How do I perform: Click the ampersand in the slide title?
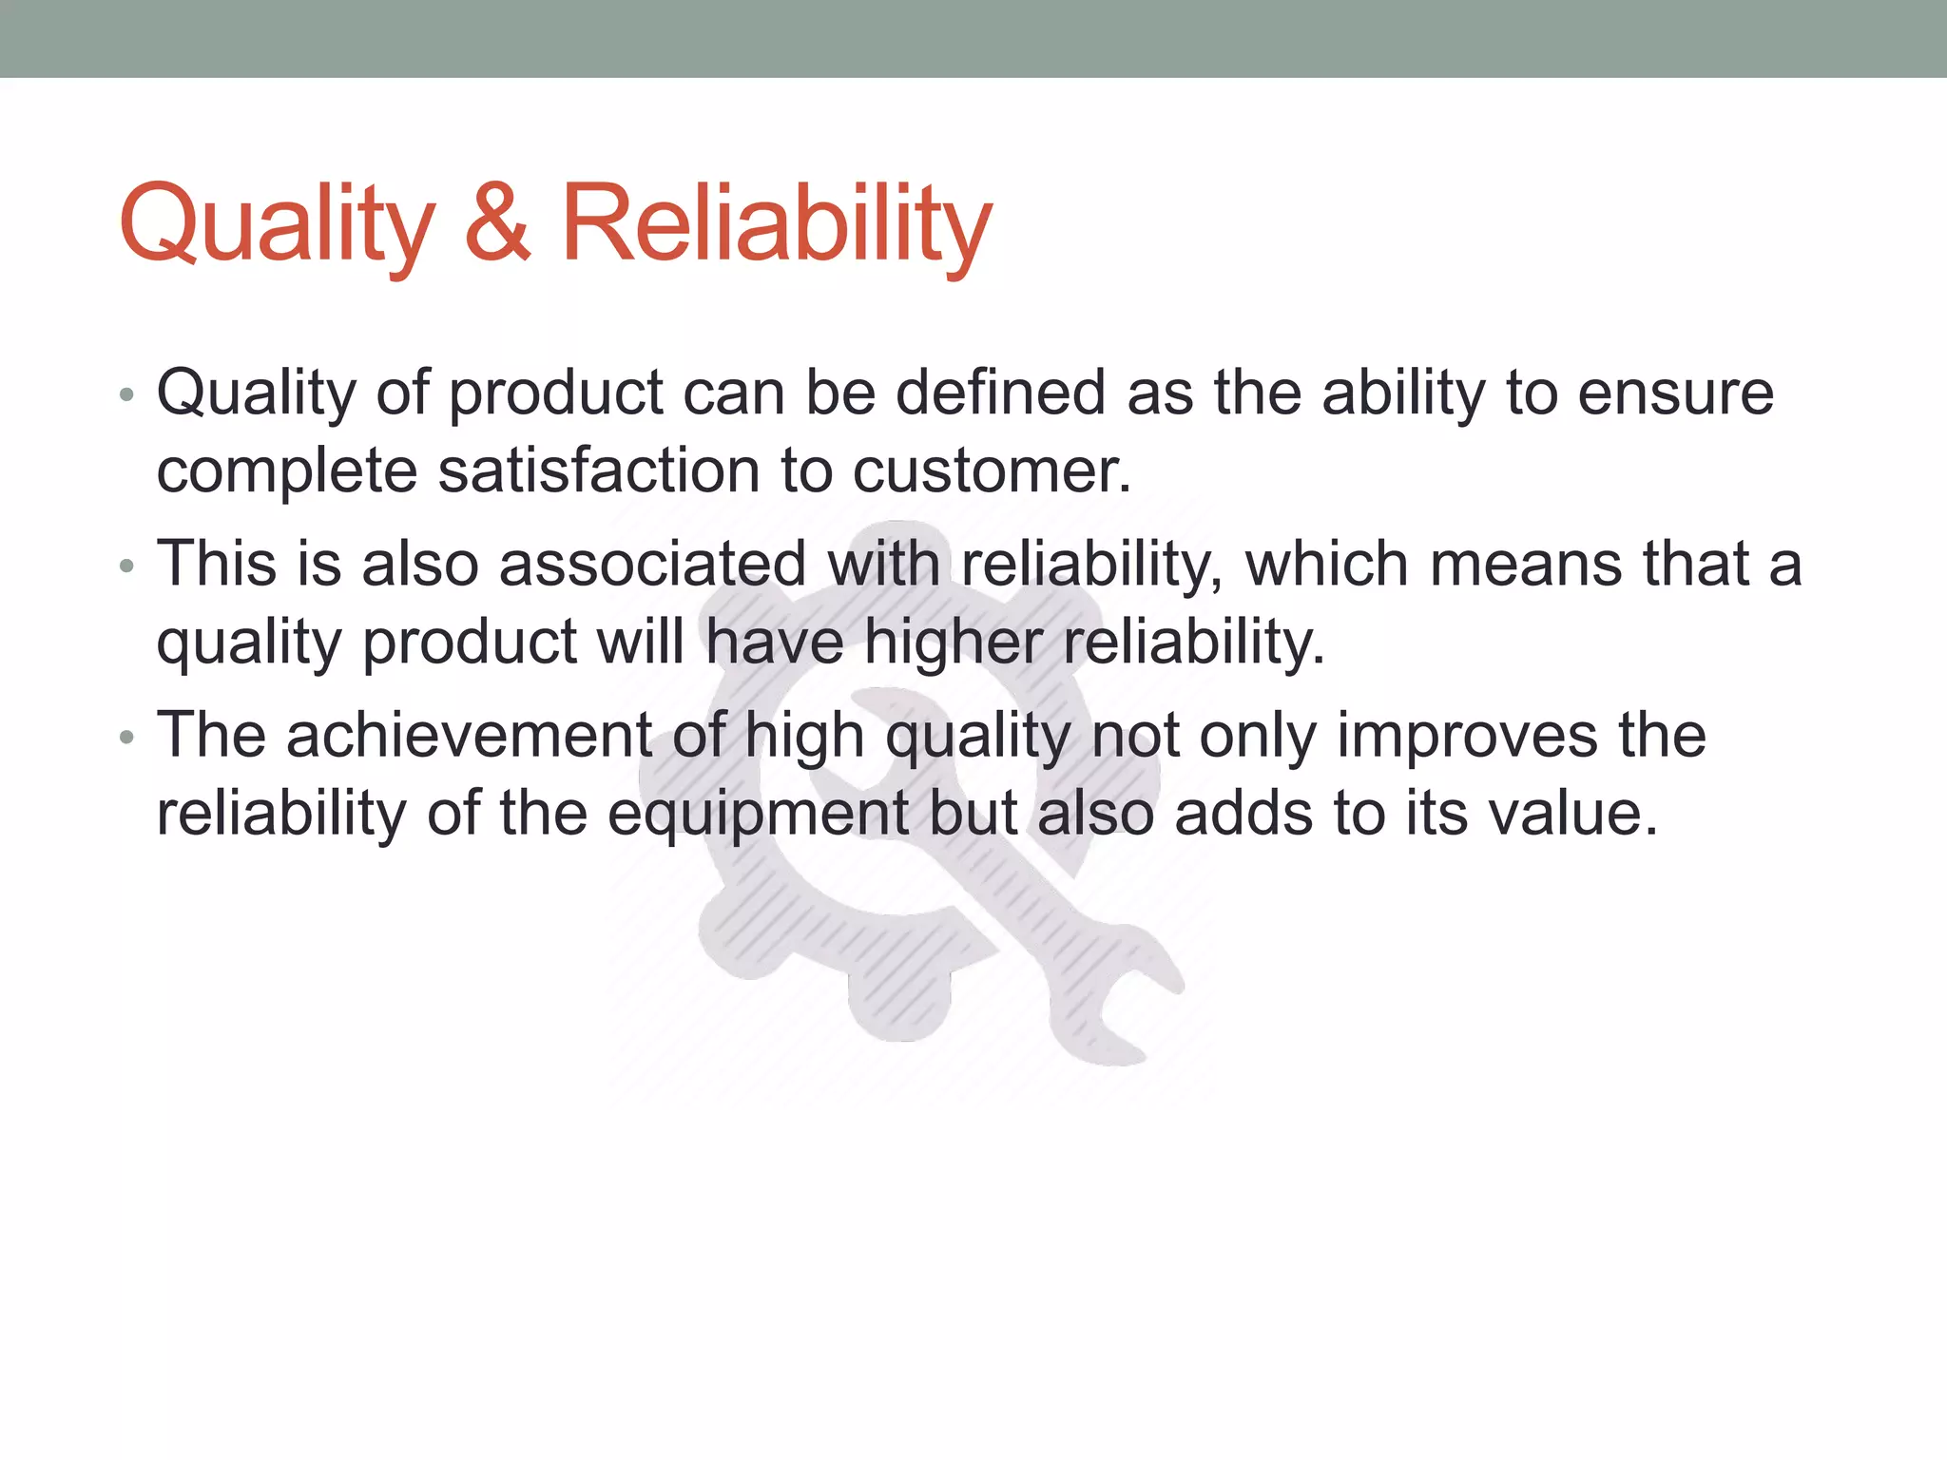tap(496, 224)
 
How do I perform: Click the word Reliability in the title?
tap(775, 224)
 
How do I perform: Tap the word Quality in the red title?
tap(277, 224)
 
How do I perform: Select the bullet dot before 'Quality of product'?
tap(127, 394)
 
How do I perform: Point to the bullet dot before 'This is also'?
tap(127, 567)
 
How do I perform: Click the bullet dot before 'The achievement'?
tap(127, 738)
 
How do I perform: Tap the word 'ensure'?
tap(1675, 394)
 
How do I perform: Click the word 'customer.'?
tap(992, 471)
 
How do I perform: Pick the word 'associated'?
tap(652, 564)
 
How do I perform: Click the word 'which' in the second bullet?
tap(1327, 564)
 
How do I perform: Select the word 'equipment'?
tap(758, 816)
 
